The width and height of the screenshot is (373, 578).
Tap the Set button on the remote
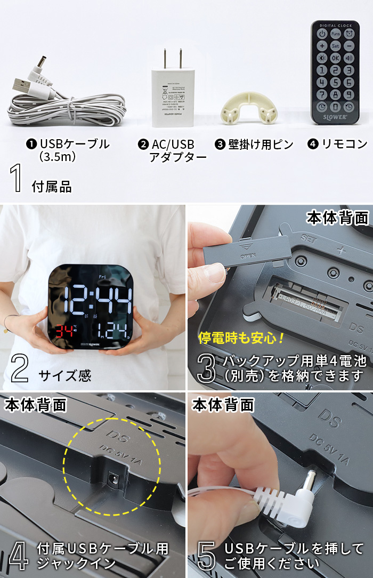pyautogui.click(x=335, y=46)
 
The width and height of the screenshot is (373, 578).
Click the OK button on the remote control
pyautogui.click(x=335, y=58)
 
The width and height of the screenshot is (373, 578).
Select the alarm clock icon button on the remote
pyautogui.click(x=349, y=34)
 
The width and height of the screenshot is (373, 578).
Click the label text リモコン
pyautogui.click(x=344, y=144)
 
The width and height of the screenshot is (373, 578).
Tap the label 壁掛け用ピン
pyautogui.click(x=261, y=144)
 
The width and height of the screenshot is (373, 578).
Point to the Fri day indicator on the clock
pyautogui.click(x=102, y=276)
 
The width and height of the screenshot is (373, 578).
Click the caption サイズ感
pyautogui.click(x=64, y=375)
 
